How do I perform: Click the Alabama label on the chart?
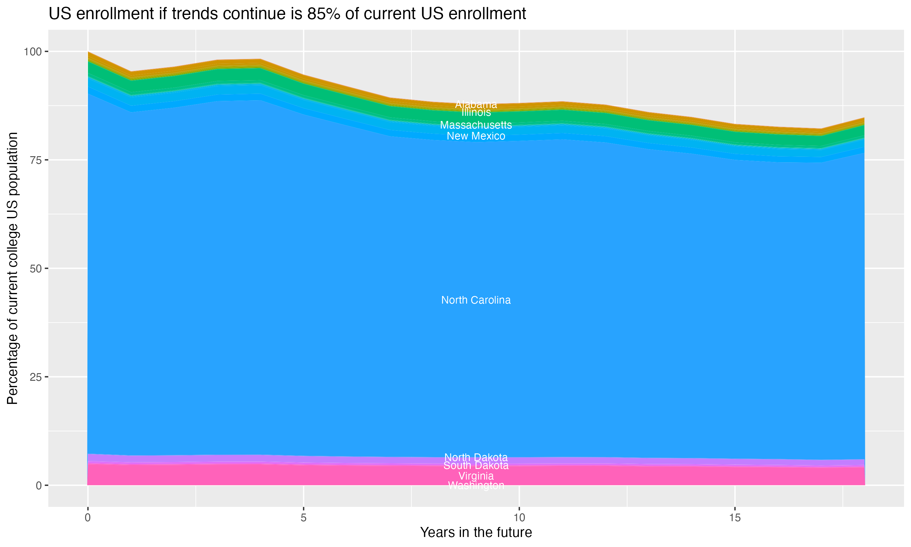tap(476, 104)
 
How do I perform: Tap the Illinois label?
tap(476, 112)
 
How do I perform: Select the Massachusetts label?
tap(476, 125)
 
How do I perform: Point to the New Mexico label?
tap(476, 136)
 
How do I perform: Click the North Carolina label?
tap(476, 300)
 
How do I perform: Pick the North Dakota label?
tap(476, 457)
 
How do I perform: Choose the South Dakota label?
tap(476, 466)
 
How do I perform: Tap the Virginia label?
tap(476, 476)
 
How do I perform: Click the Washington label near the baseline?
tap(476, 485)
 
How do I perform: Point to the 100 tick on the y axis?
tap(33, 52)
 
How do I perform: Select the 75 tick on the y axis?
tap(36, 160)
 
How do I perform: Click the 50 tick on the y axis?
tap(36, 268)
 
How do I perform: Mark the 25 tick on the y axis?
tap(36, 377)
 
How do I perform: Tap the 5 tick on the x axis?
tap(303, 518)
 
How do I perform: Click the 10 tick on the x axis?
tap(519, 518)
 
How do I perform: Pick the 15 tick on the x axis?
tap(735, 518)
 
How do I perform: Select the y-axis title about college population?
tap(12, 268)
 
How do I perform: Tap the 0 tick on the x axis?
tap(88, 518)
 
